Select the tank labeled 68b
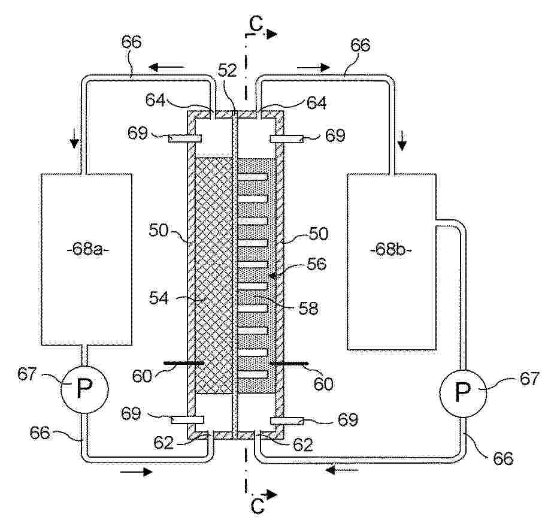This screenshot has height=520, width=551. tap(392, 261)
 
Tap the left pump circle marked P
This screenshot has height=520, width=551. tap(84, 389)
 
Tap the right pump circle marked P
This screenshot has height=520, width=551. tap(464, 394)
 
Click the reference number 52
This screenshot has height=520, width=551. tap(228, 71)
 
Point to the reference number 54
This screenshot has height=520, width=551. tap(159, 298)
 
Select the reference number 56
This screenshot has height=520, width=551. tap(316, 264)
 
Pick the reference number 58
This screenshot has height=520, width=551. tap(308, 309)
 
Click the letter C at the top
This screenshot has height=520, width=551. tap(256, 24)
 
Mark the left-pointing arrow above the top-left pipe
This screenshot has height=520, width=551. tap(166, 66)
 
